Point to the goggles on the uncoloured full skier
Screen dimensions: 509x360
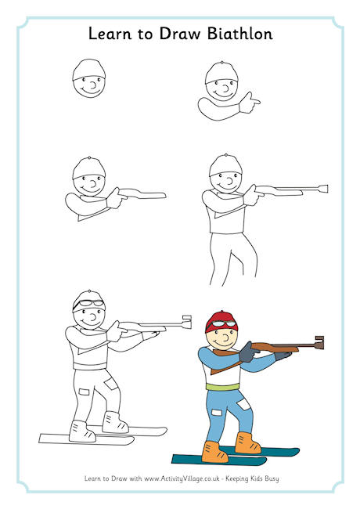[88, 302]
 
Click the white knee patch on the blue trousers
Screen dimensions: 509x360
[241, 405]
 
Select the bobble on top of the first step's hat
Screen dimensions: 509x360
[88, 60]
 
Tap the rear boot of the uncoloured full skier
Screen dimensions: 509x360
[115, 422]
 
